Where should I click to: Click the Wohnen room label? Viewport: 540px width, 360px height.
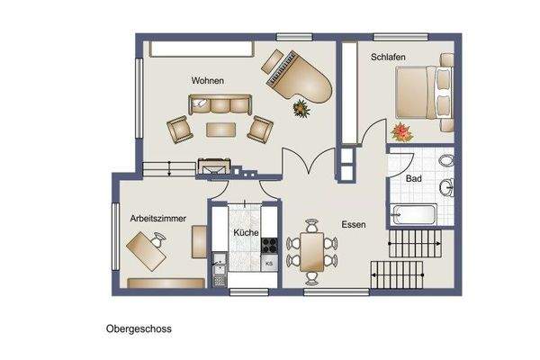pyautogui.click(x=207, y=81)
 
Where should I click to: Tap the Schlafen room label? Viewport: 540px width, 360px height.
pyautogui.click(x=388, y=58)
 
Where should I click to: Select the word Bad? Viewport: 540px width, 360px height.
pyautogui.click(x=413, y=179)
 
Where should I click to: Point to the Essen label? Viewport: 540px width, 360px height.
pyautogui.click(x=353, y=225)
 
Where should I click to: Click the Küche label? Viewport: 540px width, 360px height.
pyautogui.click(x=246, y=232)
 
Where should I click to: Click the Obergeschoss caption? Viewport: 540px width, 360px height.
pyautogui.click(x=139, y=329)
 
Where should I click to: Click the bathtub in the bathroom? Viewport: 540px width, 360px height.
pyautogui.click(x=414, y=215)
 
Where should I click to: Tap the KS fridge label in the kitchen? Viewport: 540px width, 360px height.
pyautogui.click(x=269, y=263)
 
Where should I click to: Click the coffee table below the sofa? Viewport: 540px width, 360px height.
pyautogui.click(x=220, y=129)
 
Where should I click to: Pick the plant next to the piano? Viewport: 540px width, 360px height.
pyautogui.click(x=301, y=110)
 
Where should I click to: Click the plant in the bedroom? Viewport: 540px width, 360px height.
pyautogui.click(x=400, y=133)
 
